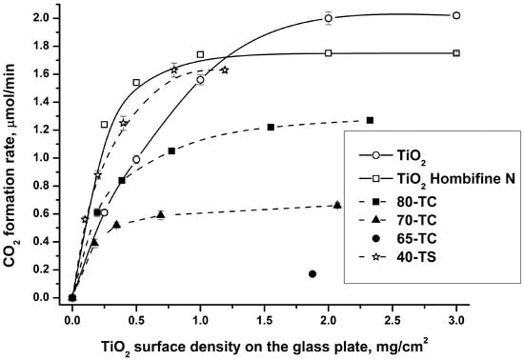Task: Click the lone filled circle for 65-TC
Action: click(312, 274)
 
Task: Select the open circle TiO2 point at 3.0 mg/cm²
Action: click(456, 15)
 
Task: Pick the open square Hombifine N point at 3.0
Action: click(456, 52)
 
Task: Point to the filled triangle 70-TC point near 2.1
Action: click(338, 205)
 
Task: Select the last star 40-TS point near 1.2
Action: click(225, 70)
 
